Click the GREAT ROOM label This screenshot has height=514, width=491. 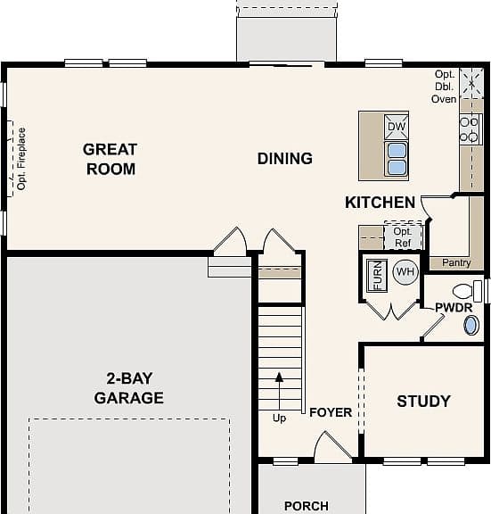pyautogui.click(x=110, y=160)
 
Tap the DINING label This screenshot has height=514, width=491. pyautogui.click(x=285, y=159)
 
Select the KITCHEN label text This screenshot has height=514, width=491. pyautogui.click(x=380, y=203)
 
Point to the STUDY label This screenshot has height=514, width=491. pyautogui.click(x=423, y=402)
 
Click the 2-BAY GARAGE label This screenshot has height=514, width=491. pyautogui.click(x=129, y=388)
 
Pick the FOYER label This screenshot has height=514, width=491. pyautogui.click(x=331, y=412)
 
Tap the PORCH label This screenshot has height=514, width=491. pyautogui.click(x=306, y=506)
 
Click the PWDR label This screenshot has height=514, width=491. pyautogui.click(x=454, y=308)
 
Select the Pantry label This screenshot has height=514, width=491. pyautogui.click(x=456, y=262)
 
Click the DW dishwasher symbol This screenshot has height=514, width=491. pyautogui.click(x=397, y=127)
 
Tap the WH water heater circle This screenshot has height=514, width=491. pyautogui.click(x=405, y=272)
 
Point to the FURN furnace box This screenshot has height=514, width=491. pyautogui.click(x=377, y=276)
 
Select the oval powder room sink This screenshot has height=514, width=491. pyautogui.click(x=471, y=326)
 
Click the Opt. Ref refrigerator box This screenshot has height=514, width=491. pyautogui.click(x=403, y=236)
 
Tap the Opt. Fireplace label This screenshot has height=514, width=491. pyautogui.click(x=21, y=159)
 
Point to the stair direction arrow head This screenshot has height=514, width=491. pyautogui.click(x=279, y=377)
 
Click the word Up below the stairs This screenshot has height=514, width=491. pyautogui.click(x=279, y=419)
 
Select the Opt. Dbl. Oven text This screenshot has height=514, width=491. pyautogui.click(x=444, y=87)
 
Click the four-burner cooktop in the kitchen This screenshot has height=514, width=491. pyautogui.click(x=471, y=129)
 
